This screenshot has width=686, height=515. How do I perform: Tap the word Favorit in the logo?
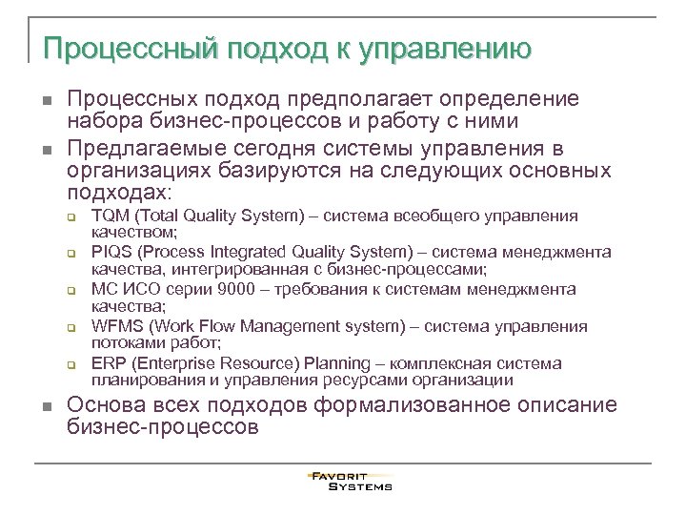click(x=338, y=476)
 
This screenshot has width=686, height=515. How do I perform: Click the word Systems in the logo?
click(x=360, y=486)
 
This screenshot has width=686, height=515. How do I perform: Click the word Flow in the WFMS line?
click(x=220, y=327)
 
